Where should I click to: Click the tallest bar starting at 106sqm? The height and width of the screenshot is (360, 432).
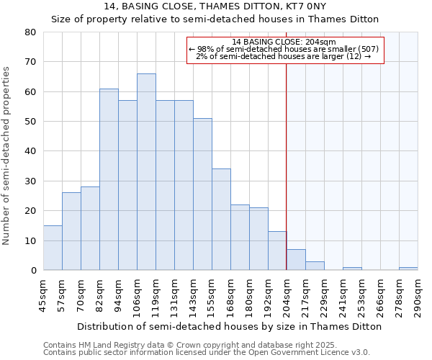[146, 172]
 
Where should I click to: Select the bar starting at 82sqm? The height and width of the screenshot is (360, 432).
[109, 179]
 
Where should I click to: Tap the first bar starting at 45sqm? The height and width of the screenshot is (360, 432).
[53, 248]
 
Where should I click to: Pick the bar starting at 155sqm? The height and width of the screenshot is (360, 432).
[221, 220]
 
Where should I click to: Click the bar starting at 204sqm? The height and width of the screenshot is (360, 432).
[296, 260]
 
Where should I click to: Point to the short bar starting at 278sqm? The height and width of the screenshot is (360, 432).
[408, 269]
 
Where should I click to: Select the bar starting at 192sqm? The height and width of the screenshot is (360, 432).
[277, 251]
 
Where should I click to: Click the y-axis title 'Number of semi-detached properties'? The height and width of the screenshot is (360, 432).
[8, 156]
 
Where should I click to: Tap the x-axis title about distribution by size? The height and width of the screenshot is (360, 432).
[228, 326]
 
